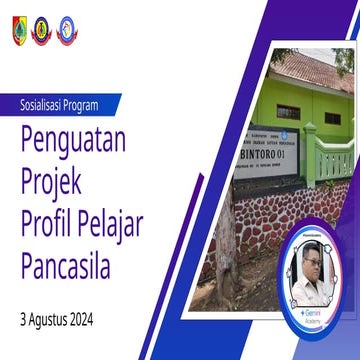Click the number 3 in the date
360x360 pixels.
coord(22,323)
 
